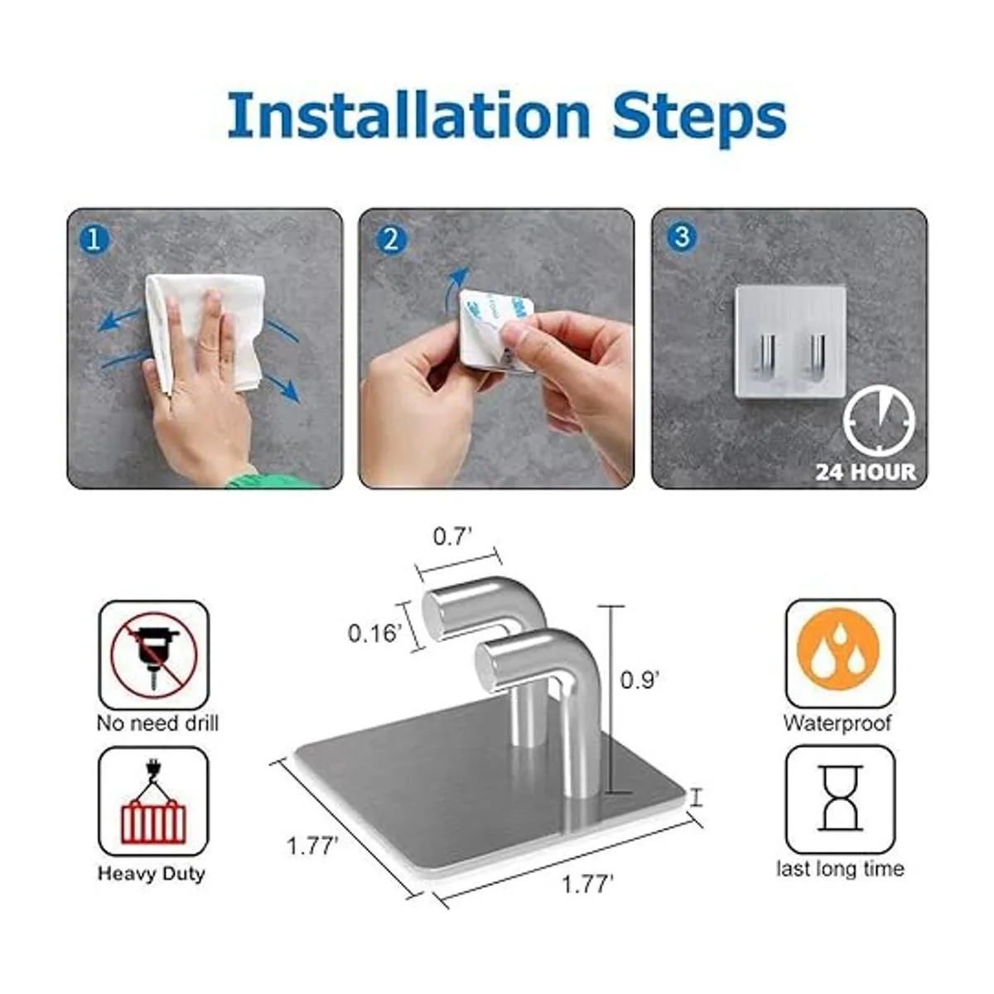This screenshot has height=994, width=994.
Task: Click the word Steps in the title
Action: pyautogui.click(x=698, y=118)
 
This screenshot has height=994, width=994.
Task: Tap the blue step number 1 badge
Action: pyautogui.click(x=94, y=240)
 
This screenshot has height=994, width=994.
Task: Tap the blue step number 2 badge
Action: pyautogui.click(x=391, y=239)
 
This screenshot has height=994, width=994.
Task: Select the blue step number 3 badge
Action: pyautogui.click(x=682, y=237)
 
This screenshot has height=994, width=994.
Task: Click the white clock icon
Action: pyautogui.click(x=879, y=422)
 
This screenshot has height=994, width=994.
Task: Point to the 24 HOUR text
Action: pyautogui.click(x=866, y=472)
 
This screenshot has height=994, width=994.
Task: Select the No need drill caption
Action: pyautogui.click(x=158, y=723)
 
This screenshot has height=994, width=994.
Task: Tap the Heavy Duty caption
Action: pyautogui.click(x=152, y=873)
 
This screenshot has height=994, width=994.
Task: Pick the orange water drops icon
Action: pyautogui.click(x=837, y=653)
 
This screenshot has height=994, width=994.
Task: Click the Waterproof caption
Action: pyautogui.click(x=837, y=722)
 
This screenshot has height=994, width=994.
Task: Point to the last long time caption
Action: pyautogui.click(x=840, y=869)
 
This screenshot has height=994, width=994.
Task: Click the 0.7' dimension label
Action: pyautogui.click(x=452, y=537)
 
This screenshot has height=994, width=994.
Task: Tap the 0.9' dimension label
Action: pyautogui.click(x=639, y=680)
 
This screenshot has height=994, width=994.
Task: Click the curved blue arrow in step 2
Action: pyautogui.click(x=455, y=285)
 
